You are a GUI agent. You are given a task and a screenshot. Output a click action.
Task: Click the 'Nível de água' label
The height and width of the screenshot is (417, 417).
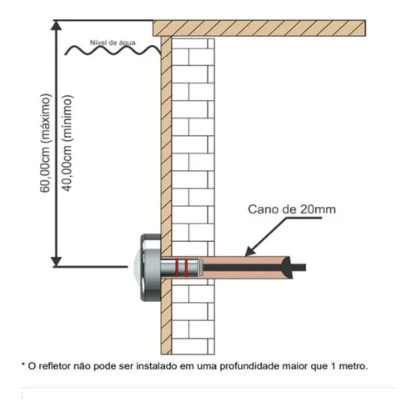(113, 43)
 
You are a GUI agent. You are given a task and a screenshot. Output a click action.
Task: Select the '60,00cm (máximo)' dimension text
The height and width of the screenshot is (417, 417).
(46, 143)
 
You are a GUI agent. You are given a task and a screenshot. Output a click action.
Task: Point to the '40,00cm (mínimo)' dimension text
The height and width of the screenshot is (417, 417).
(67, 143)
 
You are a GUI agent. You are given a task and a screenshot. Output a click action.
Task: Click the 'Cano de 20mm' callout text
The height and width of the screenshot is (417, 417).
(292, 209)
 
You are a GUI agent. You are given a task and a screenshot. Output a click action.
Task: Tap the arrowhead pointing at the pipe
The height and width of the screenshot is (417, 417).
(250, 253)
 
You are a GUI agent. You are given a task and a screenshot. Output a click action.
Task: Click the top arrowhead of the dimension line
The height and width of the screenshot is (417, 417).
(56, 26)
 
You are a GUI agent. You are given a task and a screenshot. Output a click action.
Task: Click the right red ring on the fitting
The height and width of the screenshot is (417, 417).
(186, 267)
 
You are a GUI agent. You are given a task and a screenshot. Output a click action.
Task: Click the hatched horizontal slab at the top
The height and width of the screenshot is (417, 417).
(259, 28)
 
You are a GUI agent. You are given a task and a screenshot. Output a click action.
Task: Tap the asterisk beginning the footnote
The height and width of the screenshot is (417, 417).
(23, 365)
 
